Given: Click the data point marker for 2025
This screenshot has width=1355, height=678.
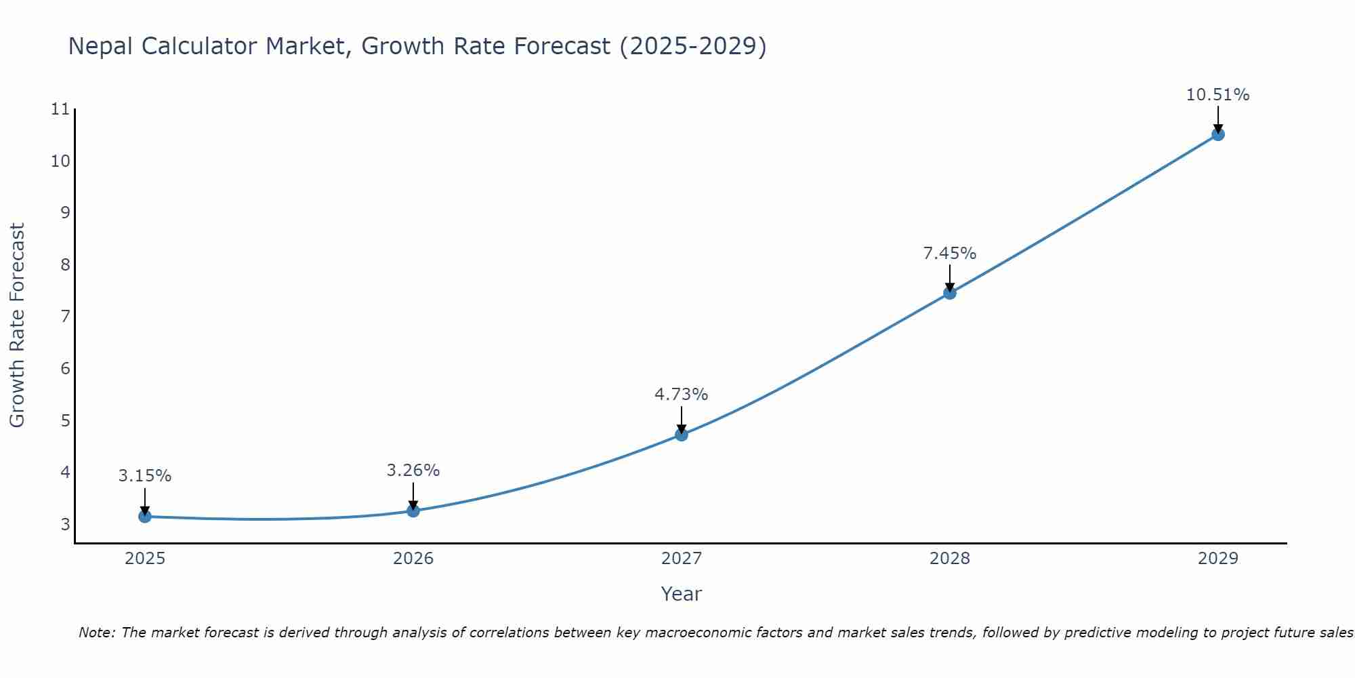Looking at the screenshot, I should pyautogui.click(x=145, y=517).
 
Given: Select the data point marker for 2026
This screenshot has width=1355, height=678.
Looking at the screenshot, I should pyautogui.click(x=413, y=511).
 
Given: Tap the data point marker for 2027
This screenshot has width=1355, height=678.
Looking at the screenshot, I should pyautogui.click(x=682, y=435).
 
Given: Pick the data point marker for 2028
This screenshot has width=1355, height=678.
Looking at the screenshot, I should pyautogui.click(x=950, y=293).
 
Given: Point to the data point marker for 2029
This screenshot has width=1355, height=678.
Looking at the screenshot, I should pyautogui.click(x=1218, y=134).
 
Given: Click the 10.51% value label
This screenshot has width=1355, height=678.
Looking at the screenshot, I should pyautogui.click(x=1217, y=95).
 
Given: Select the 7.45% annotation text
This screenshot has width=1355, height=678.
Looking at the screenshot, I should pyautogui.click(x=949, y=254).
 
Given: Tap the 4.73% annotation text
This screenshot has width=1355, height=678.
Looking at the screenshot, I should pyautogui.click(x=681, y=395).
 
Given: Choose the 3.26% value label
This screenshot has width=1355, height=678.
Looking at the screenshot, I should pyautogui.click(x=413, y=471).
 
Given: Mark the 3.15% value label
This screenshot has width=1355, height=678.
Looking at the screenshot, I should pyautogui.click(x=145, y=476).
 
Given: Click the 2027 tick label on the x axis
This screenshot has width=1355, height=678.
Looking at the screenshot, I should pyautogui.click(x=682, y=559).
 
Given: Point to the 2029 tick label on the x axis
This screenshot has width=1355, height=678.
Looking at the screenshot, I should pyautogui.click(x=1218, y=559).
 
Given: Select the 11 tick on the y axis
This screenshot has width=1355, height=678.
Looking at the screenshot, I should pyautogui.click(x=60, y=109).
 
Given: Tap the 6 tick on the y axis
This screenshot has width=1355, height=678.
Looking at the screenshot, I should pyautogui.click(x=65, y=369).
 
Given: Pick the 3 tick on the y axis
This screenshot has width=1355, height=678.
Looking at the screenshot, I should pyautogui.click(x=65, y=524).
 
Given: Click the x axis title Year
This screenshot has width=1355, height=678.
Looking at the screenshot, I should pyautogui.click(x=681, y=594).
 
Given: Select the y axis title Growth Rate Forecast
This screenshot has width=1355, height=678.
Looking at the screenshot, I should pyautogui.click(x=17, y=325).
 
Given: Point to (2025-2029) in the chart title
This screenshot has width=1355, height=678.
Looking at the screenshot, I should pyautogui.click(x=692, y=46).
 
